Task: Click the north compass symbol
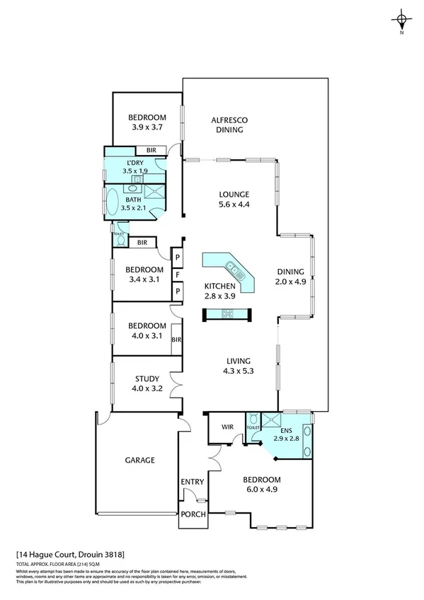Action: tap(401, 21)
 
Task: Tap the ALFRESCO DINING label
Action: tap(229, 125)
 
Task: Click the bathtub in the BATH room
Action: tap(113, 200)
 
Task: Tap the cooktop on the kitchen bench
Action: tap(227, 315)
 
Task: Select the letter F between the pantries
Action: tap(178, 273)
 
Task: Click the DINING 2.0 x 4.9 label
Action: tap(291, 276)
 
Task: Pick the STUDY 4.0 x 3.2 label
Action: tap(147, 383)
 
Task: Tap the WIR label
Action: tap(227, 427)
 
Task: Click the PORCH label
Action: tap(193, 514)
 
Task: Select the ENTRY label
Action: tap(193, 483)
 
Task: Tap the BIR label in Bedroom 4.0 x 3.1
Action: tap(176, 340)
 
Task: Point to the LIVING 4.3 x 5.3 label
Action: tap(238, 364)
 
